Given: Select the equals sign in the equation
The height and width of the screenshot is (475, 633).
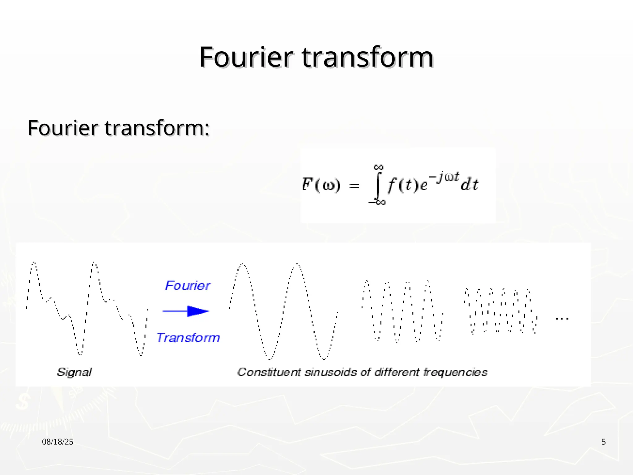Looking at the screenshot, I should [354, 186].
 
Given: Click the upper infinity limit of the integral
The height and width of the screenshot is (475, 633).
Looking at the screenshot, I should [379, 167].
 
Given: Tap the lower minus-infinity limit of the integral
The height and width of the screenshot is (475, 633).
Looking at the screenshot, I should [377, 203].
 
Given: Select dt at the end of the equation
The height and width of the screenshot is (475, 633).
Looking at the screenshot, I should [469, 185].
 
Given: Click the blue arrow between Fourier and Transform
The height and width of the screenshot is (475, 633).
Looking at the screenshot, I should [186, 311].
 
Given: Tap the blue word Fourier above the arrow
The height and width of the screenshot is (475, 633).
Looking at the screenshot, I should [188, 285].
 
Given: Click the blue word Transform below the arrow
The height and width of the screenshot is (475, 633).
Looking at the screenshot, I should [188, 338].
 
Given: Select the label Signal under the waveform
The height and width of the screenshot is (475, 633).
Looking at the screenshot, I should [74, 372].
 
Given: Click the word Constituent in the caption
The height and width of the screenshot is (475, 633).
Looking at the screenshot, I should [269, 372].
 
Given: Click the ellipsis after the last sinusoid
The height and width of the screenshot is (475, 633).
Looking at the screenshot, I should [562, 319].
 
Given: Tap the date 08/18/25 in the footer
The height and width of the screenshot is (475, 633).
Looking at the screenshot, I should [58, 442].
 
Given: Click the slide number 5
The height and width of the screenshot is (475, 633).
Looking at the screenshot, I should [604, 442].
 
